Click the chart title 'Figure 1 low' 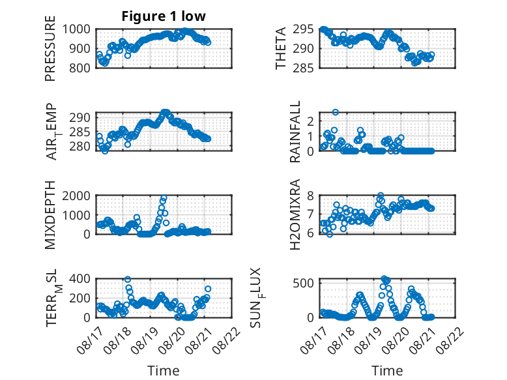(164, 16)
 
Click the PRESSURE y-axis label (50, 48)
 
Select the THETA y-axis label (281, 48)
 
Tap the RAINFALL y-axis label (295, 132)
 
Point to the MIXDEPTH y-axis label (50, 214)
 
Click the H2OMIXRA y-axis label (295, 214)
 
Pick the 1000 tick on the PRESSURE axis (76, 29)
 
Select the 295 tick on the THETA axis (303, 29)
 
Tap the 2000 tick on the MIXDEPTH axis (76, 196)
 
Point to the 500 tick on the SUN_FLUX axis (303, 284)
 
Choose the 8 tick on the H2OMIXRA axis (310, 196)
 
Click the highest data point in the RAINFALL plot (336, 112)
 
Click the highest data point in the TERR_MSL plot (128, 280)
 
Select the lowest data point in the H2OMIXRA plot (330, 234)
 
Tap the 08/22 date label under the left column (227, 340)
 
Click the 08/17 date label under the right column (313, 340)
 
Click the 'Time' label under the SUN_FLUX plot (387, 371)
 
